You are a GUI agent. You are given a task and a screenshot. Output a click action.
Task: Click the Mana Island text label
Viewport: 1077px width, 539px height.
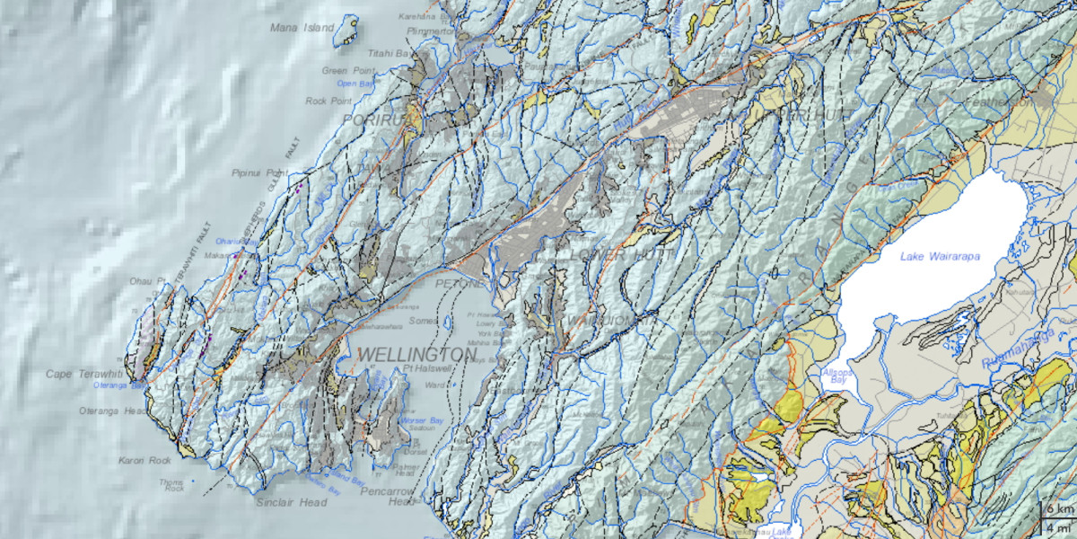(x=301, y=28)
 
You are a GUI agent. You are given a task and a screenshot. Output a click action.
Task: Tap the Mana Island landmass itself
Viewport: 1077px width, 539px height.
(x=346, y=31)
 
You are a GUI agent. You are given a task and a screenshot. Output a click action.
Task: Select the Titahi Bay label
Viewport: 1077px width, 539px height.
(x=392, y=54)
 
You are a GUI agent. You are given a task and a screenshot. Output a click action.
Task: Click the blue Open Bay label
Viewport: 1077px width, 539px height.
(x=355, y=84)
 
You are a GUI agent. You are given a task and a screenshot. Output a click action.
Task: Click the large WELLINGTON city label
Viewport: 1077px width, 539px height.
(x=416, y=355)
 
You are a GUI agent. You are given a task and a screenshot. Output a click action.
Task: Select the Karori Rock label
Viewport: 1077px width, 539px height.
(x=144, y=461)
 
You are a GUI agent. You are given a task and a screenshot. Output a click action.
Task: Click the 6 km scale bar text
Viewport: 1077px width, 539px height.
(x=1059, y=509)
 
